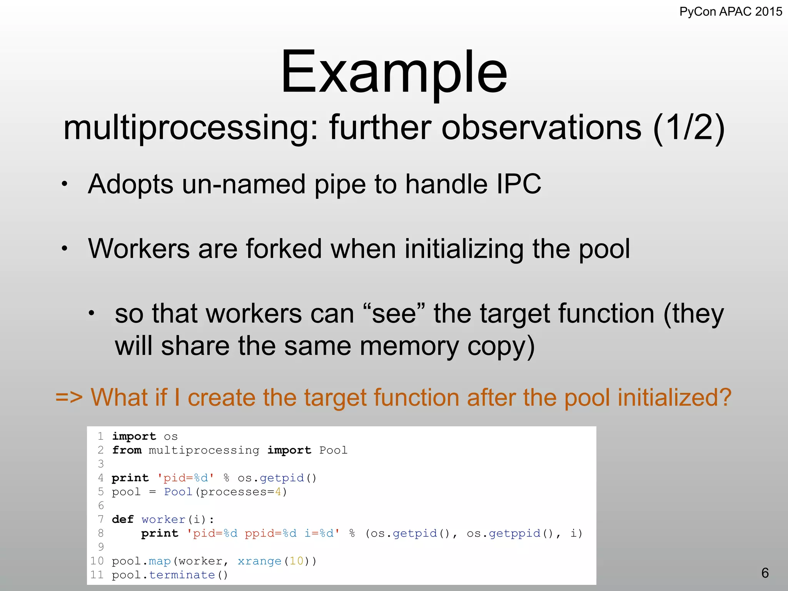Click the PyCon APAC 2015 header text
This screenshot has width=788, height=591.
click(x=730, y=12)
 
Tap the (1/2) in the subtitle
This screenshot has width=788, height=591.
click(x=689, y=128)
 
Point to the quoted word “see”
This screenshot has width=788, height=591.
click(x=394, y=313)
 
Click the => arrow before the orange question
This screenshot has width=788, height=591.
click(x=69, y=397)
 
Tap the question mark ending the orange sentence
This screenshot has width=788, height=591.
click(x=724, y=397)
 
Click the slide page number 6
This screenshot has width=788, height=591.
click(x=765, y=573)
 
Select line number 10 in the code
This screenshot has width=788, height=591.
click(x=97, y=561)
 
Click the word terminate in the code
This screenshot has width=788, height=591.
click(x=182, y=575)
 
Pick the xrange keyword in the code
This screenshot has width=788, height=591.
click(x=259, y=561)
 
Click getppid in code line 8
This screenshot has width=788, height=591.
click(x=515, y=533)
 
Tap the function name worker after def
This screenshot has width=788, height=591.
click(x=164, y=519)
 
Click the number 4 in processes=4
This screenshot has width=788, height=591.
click(x=278, y=492)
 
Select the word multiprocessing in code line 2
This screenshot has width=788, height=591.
click(x=204, y=450)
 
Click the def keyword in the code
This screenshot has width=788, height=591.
click(x=123, y=519)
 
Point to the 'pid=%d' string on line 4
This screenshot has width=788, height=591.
click(x=185, y=478)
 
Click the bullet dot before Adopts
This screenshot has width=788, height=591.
click(x=65, y=184)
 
